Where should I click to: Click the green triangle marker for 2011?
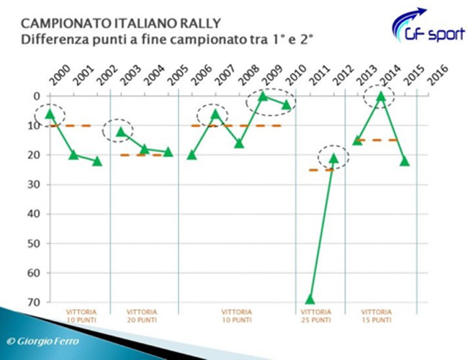pyautogui.click(x=310, y=299)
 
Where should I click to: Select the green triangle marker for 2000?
pyautogui.click(x=50, y=114)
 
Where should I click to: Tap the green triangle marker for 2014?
pyautogui.click(x=381, y=96)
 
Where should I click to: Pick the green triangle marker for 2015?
pyautogui.click(x=404, y=161)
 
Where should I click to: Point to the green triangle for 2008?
pyautogui.click(x=239, y=143)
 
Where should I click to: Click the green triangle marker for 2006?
pyautogui.click(x=192, y=154)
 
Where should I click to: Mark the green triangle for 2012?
pyautogui.click(x=333, y=158)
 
